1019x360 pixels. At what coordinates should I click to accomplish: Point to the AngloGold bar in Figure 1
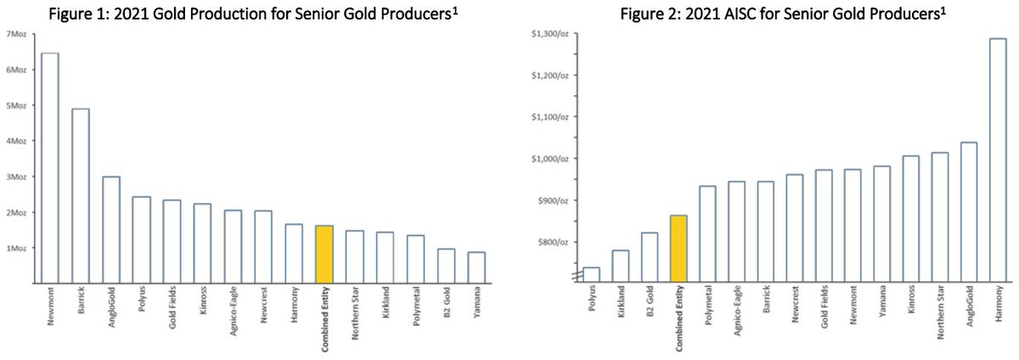[x=110, y=229]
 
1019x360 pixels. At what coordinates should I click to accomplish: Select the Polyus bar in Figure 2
[x=592, y=274]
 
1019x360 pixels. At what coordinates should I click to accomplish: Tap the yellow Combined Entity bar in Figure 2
[x=679, y=248]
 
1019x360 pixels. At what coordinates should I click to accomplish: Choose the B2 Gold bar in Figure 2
[x=650, y=256]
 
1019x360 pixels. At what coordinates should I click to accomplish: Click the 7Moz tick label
[x=16, y=34]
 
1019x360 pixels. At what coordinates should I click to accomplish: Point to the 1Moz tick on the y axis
[x=16, y=248]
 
